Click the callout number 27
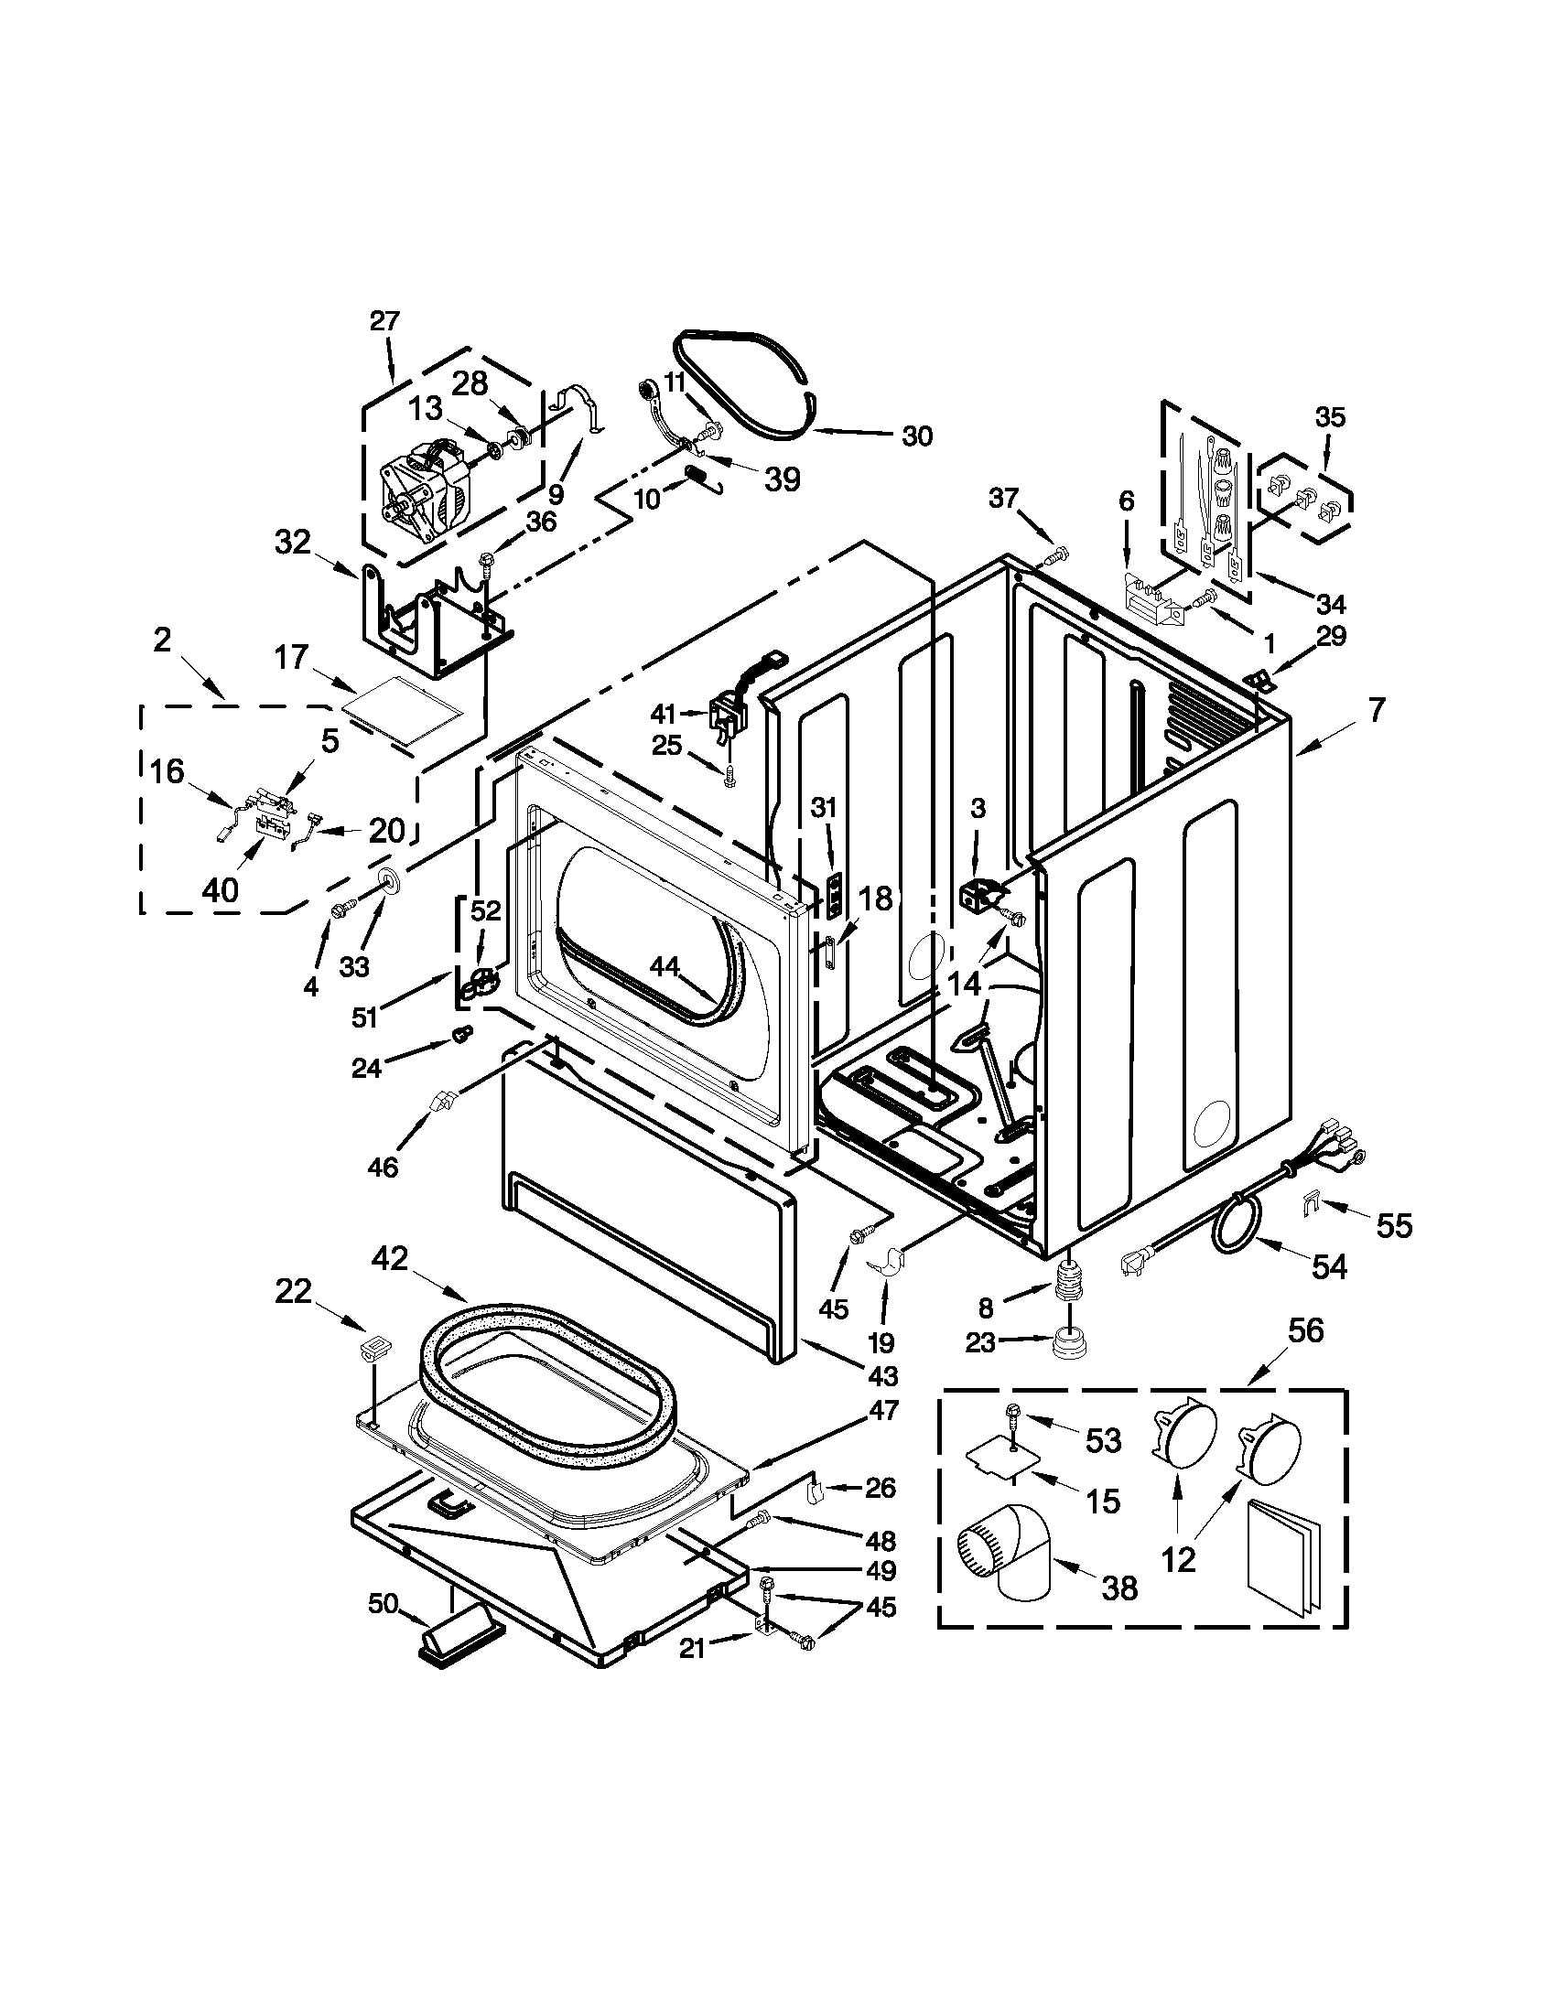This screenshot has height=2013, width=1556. point(385,322)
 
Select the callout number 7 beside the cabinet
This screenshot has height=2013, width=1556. point(1377,711)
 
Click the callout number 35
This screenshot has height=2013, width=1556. point(1329,416)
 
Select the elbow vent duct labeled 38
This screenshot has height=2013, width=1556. point(1008,1560)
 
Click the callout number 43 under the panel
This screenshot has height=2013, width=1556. point(882,1376)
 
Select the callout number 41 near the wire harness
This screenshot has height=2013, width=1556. point(663,714)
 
